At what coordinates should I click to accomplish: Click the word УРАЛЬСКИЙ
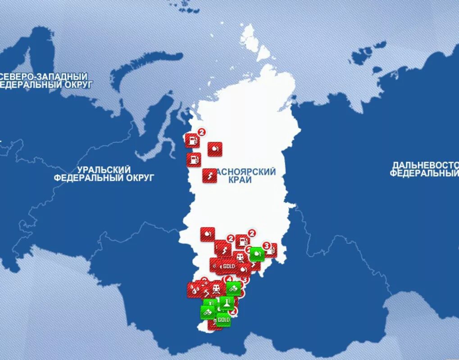point(104,170)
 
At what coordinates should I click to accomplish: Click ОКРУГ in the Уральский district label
point(137,178)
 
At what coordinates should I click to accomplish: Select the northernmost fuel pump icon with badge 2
point(192,140)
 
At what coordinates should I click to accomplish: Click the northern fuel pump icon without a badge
point(194,159)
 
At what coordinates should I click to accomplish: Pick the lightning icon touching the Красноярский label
point(209,175)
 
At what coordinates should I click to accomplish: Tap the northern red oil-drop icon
point(214,149)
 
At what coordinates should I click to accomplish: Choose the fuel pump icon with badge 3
point(270,251)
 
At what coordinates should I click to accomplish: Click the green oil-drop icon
point(257,254)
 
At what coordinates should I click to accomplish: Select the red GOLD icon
point(229,266)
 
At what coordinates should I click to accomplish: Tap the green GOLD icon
point(223,319)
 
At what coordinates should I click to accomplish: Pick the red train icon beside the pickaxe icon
point(218,288)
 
